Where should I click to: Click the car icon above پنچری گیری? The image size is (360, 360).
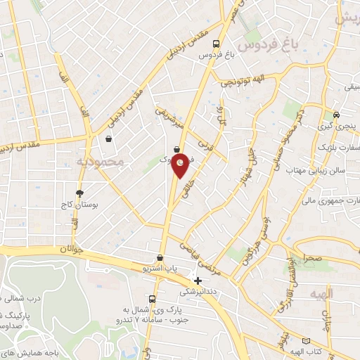pyautogui.click(x=336, y=114)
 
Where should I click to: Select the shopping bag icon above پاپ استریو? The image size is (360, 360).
pyautogui.click(x=160, y=257)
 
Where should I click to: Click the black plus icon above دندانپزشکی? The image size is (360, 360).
pyautogui.click(x=198, y=281)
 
